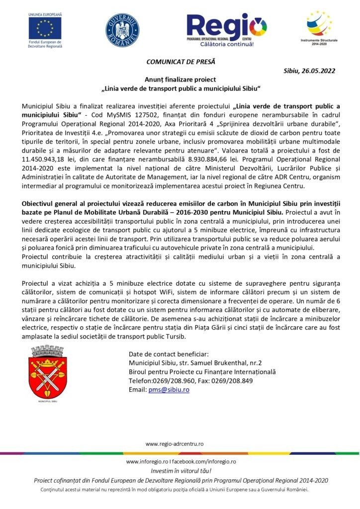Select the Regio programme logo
[227, 30]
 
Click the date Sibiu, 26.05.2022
[309, 71]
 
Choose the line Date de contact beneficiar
[168, 354]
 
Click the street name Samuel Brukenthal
[221, 363]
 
